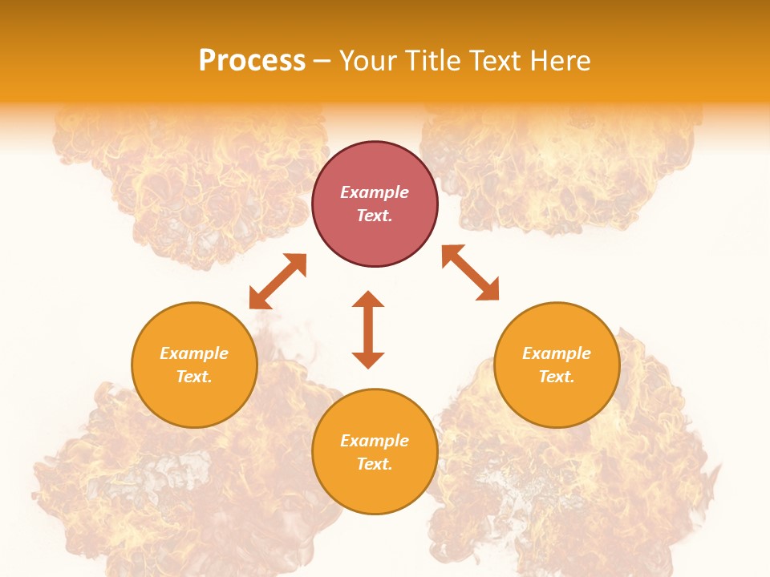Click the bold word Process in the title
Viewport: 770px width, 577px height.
pos(252,61)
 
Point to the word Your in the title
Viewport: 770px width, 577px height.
pos(367,61)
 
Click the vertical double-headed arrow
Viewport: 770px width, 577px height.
pos(368,329)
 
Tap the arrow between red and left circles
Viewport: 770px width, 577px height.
pos(278,281)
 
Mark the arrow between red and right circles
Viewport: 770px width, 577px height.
pos(470,272)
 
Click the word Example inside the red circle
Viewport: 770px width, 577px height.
pos(375,192)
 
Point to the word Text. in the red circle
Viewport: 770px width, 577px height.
pos(375,216)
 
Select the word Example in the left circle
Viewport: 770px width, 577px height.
pos(194,353)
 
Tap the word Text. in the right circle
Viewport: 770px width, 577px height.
pos(557,377)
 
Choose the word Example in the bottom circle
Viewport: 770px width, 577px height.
pos(375,441)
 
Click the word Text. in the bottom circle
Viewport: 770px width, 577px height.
pos(375,464)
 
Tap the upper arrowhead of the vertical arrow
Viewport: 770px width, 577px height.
pos(368,300)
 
